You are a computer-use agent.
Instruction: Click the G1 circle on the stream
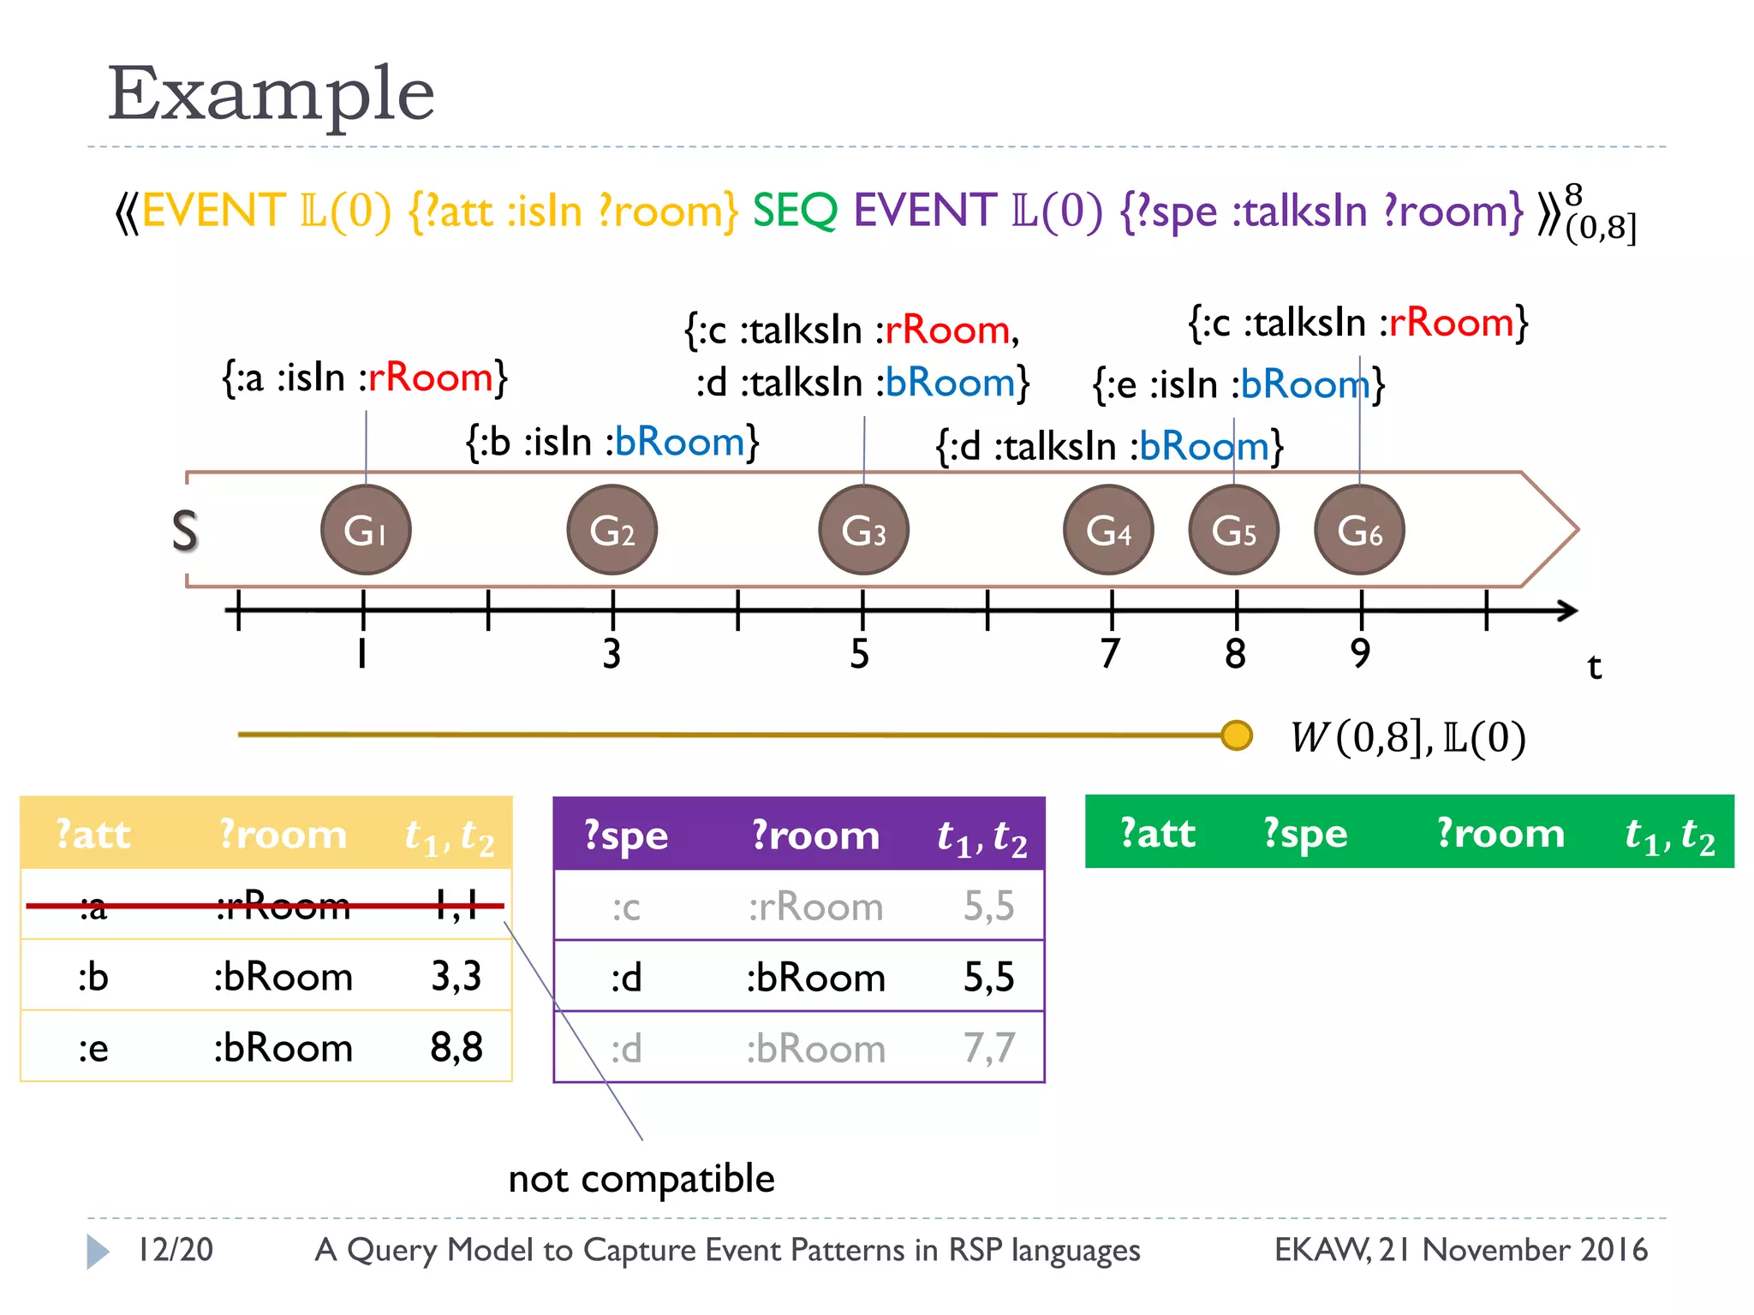366,530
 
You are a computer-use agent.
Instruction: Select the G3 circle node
863,530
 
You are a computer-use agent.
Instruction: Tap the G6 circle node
1359,530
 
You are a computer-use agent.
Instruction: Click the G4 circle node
1108,530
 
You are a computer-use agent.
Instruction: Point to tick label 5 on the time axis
860,654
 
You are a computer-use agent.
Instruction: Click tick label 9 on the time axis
1360,654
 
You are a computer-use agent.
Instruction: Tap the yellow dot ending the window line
1236,735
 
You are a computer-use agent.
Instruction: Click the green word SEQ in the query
794,211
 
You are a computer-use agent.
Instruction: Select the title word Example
271,94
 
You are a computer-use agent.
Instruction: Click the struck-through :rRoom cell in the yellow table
283,906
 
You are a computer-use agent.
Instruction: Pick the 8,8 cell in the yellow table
456,1047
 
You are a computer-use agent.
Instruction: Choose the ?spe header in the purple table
625,835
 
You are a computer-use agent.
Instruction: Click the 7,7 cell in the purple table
988,1048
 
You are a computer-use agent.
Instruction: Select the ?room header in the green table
1500,833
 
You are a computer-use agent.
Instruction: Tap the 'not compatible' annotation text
641,1179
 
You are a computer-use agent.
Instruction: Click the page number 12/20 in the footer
176,1250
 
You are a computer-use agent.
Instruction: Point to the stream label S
185,531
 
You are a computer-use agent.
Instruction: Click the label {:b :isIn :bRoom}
612,443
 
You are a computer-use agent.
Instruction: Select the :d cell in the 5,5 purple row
626,977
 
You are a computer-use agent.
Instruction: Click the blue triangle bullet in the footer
98,1251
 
